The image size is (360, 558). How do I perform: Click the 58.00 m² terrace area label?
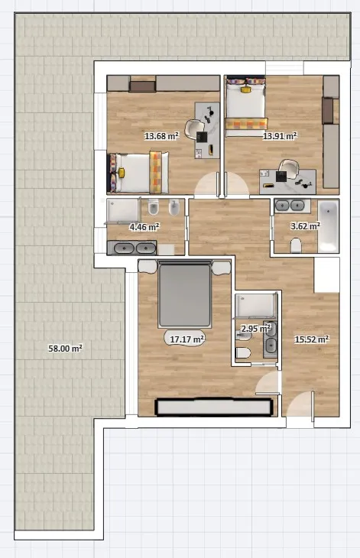(66, 348)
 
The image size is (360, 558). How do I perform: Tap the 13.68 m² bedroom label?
(161, 135)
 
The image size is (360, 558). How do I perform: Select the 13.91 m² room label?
(280, 135)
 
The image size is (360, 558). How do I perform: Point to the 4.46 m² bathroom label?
(144, 227)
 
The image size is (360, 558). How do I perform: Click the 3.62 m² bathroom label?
(305, 225)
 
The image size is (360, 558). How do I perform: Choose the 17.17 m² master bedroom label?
(186, 339)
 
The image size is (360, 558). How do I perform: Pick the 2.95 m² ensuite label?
(255, 329)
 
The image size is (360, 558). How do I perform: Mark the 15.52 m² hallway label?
(311, 339)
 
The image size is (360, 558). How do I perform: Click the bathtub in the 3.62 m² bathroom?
(329, 227)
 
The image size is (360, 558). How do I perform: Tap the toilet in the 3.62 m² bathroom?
(296, 245)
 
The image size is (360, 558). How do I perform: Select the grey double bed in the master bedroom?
(185, 294)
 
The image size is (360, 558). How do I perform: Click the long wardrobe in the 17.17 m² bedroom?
(214, 407)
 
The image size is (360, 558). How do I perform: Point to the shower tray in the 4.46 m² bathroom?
(123, 211)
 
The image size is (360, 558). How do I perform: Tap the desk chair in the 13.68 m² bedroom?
(194, 128)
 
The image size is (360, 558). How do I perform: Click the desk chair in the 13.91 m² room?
(288, 168)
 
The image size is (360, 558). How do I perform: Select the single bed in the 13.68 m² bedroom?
(138, 173)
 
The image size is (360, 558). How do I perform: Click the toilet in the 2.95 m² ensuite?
(243, 353)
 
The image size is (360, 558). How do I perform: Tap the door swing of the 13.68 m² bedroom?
(206, 184)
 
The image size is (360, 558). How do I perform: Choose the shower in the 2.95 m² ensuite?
(256, 305)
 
